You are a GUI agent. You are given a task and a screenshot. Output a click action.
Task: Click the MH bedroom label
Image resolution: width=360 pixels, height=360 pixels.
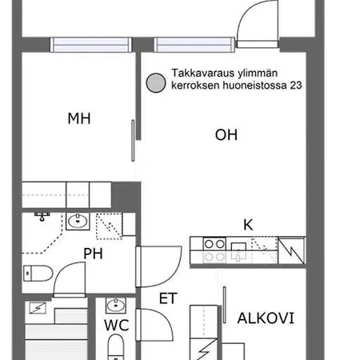[79, 118]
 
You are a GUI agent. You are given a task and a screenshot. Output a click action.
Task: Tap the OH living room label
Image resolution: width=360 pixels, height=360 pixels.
[226, 135]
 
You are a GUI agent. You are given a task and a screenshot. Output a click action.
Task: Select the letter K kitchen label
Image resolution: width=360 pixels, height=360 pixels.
[248, 225]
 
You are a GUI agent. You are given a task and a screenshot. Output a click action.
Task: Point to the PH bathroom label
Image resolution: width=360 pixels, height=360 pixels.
[93, 254]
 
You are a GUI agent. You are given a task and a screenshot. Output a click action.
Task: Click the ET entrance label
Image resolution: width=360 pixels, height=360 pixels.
[168, 298]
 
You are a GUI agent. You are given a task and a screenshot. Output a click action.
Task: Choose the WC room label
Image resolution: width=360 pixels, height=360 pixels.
[117, 326]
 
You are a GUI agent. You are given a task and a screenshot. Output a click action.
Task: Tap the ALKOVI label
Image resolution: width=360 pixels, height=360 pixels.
[266, 318]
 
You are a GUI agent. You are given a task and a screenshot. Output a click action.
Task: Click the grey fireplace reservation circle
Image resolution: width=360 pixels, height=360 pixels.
[156, 83]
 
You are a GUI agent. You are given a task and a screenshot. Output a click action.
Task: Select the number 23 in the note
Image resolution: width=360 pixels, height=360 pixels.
[296, 86]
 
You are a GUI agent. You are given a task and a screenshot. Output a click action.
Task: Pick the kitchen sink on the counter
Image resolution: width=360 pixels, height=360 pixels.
[238, 250]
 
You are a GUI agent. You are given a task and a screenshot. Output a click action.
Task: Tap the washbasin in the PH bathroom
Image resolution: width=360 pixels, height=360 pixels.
[78, 221]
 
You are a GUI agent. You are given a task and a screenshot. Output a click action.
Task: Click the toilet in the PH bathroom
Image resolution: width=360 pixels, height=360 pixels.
[38, 274]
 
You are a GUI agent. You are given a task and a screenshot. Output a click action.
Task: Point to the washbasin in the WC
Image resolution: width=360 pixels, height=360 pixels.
[116, 306]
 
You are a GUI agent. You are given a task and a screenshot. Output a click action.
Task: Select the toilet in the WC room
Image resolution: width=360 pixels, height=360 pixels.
[116, 347]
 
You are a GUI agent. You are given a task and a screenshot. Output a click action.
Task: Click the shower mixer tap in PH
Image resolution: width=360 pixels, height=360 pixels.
[42, 216]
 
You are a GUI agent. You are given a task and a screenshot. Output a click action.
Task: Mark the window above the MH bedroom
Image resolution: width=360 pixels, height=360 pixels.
[91, 45]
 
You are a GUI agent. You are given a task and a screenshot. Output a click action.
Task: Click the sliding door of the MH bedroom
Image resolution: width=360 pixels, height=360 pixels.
[133, 141]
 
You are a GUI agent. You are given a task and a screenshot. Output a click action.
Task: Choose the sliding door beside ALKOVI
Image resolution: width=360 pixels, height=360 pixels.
[225, 305]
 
